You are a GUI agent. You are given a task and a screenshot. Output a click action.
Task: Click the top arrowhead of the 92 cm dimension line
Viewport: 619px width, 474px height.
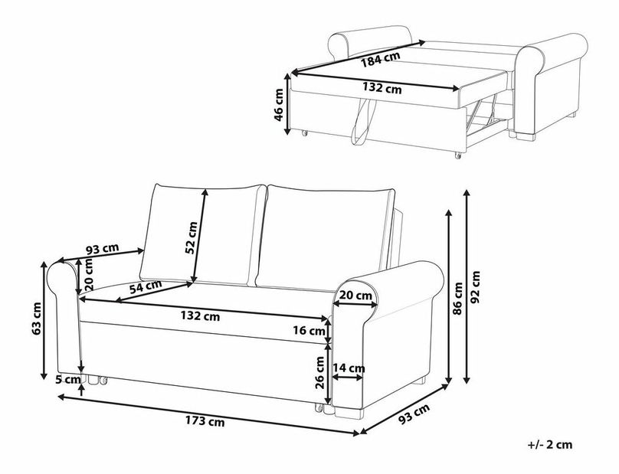click(467, 190)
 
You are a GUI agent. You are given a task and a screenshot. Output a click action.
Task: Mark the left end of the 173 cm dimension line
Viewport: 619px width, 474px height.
click(57, 396)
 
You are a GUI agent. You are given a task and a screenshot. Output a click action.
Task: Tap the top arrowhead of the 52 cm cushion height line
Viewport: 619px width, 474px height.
click(205, 189)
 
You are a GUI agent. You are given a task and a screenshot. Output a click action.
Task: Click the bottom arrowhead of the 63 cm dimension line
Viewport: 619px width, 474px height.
click(44, 380)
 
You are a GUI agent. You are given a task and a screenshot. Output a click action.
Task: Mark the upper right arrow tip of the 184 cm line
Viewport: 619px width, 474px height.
click(425, 41)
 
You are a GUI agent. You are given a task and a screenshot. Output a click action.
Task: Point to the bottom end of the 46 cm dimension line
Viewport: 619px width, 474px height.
click(288, 135)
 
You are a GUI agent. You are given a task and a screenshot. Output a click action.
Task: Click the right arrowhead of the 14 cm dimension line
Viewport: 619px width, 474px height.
click(363, 378)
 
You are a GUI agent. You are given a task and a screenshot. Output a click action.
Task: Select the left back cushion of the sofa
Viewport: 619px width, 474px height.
click(203, 234)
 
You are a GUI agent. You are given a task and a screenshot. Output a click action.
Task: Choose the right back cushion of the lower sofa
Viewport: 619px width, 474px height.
click(325, 239)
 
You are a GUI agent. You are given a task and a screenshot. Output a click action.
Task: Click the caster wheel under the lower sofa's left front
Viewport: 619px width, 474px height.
click(103, 381)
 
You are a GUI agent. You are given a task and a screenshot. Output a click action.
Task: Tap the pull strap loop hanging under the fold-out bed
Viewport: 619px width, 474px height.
click(362, 123)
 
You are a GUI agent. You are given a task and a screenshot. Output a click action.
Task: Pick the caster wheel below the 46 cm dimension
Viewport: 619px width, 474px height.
click(304, 133)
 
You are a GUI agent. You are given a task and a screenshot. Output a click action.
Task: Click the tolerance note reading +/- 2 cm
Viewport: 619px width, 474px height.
click(550, 445)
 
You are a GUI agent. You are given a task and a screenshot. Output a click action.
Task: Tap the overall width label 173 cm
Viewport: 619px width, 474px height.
click(205, 421)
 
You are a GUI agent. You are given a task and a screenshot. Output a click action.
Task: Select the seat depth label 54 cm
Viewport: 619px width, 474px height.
click(146, 286)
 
